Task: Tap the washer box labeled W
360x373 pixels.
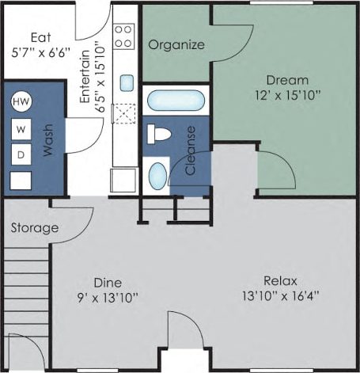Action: (20, 129)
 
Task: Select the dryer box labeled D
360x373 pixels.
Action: (20, 154)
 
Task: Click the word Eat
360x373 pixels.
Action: (41, 38)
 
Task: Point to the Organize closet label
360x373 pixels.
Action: (176, 44)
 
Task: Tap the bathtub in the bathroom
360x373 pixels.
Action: (176, 101)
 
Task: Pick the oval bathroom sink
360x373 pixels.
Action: (158, 173)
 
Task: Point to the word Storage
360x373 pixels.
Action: (35, 228)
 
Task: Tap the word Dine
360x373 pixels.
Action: (108, 283)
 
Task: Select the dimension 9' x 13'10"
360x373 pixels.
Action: (108, 298)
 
